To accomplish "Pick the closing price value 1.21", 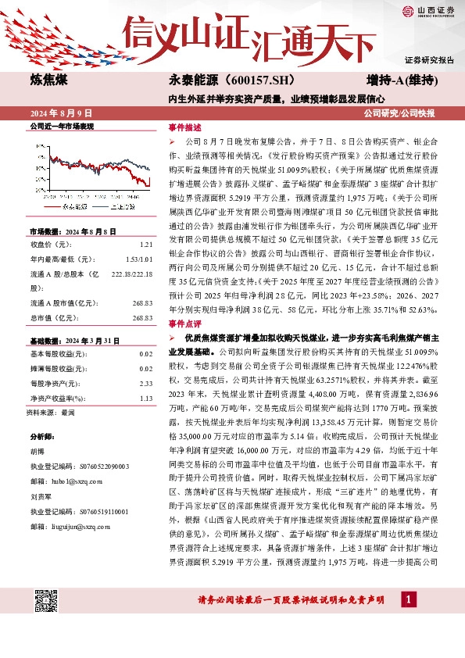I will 145,245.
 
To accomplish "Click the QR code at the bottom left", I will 48,600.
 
